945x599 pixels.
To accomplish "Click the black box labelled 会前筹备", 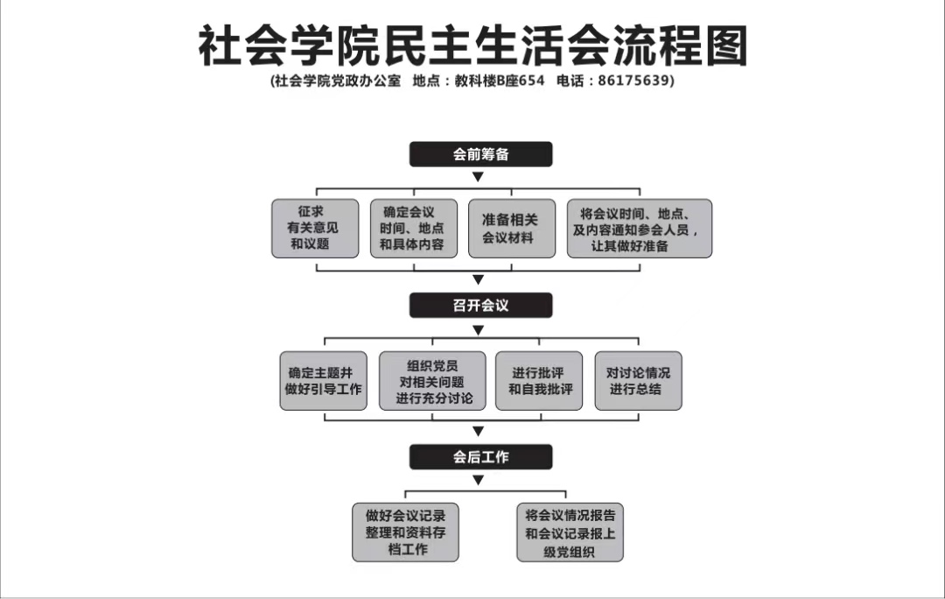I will pyautogui.click(x=480, y=154).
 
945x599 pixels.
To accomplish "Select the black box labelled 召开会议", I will pyautogui.click(x=480, y=305).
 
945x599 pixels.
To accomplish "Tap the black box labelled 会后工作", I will pyautogui.click(x=480, y=456).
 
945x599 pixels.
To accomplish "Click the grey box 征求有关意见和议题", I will pyautogui.click(x=315, y=228).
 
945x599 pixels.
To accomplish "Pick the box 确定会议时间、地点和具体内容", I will pyautogui.click(x=413, y=228).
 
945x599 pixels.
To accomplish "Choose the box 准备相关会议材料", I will pyautogui.click(x=512, y=228).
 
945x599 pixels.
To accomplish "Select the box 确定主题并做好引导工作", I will pyautogui.click(x=323, y=381).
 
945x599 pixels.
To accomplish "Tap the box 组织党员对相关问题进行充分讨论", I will pyautogui.click(x=431, y=381).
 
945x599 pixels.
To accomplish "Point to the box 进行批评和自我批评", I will pyautogui.click(x=540, y=381).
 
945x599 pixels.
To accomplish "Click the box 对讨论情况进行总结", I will pyautogui.click(x=638, y=381).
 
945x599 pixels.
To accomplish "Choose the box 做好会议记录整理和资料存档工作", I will pyautogui.click(x=405, y=532).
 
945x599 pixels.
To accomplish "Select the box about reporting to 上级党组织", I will pyautogui.click(x=570, y=532).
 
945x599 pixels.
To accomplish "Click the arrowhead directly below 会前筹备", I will pyautogui.click(x=478, y=177).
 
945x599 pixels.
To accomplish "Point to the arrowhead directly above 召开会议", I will pyautogui.click(x=478, y=280).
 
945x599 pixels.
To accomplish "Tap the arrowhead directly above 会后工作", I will pyautogui.click(x=478, y=432).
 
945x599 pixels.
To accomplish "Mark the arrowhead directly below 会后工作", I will pyautogui.click(x=478, y=480).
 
